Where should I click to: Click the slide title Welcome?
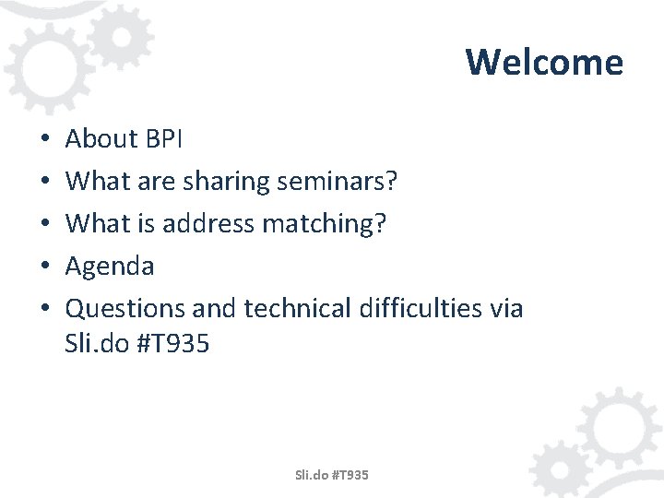(544, 62)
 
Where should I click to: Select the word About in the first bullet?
(101, 138)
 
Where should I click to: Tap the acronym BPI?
(164, 138)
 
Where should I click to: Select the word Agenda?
(110, 267)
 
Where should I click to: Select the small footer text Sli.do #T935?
(331, 475)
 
